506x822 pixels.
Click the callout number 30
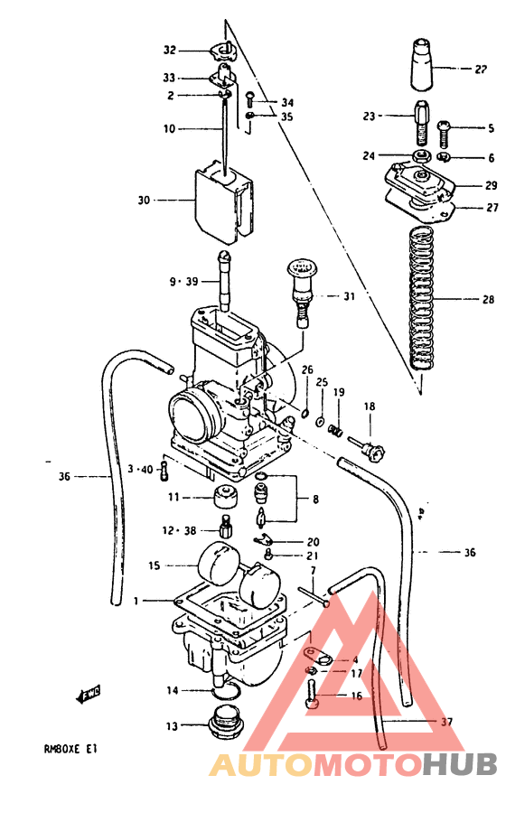(x=144, y=200)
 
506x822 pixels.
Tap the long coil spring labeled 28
(x=419, y=298)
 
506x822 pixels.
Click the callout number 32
(x=170, y=50)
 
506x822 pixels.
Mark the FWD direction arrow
(x=88, y=694)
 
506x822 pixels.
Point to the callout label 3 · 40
(x=141, y=469)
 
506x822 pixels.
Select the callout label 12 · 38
(x=177, y=530)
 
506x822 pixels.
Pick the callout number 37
(x=445, y=722)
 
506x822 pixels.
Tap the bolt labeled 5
(x=444, y=134)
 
